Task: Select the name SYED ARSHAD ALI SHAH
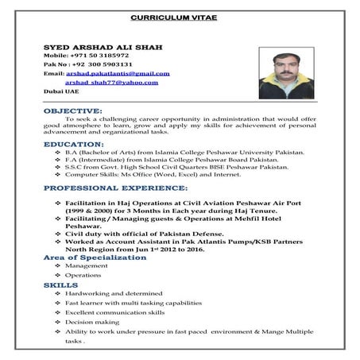click(x=103, y=48)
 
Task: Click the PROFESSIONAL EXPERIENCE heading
click(x=115, y=188)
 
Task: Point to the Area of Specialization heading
click(x=91, y=257)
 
